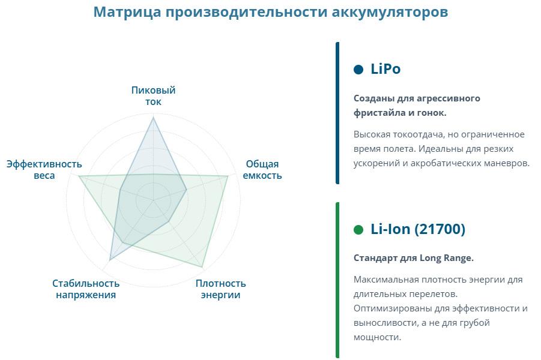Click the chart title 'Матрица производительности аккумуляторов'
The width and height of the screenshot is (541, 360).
270,12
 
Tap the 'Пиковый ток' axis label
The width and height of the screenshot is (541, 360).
153,96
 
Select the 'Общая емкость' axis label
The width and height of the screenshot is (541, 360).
262,170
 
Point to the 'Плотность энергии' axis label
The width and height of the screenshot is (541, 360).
220,289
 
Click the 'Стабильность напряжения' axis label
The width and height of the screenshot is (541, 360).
86,289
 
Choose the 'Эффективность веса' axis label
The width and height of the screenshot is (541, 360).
44,170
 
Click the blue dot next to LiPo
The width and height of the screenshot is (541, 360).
358,70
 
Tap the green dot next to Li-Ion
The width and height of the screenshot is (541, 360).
358,230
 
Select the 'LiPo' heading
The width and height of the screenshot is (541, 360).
385,69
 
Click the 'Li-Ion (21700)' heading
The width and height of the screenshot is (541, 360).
418,229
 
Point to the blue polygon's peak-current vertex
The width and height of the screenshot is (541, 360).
153,118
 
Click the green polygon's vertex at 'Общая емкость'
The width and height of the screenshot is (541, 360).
228,176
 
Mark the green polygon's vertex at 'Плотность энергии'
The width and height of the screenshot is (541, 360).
202,267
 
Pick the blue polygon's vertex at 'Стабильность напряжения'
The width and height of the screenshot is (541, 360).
110,259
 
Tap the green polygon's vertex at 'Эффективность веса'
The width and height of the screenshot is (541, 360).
79,176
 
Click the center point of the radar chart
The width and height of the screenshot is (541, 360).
153,200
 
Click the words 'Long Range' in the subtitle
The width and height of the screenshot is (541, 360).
447,258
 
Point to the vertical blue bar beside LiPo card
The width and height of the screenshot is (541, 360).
337,113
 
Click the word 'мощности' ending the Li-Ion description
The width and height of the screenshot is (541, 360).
378,337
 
